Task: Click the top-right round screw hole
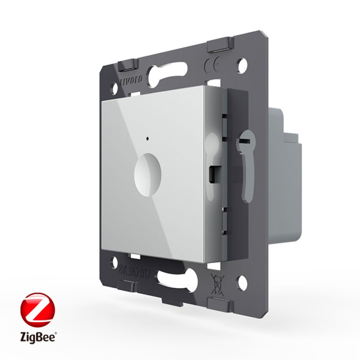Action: pyautogui.click(x=243, y=62)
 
